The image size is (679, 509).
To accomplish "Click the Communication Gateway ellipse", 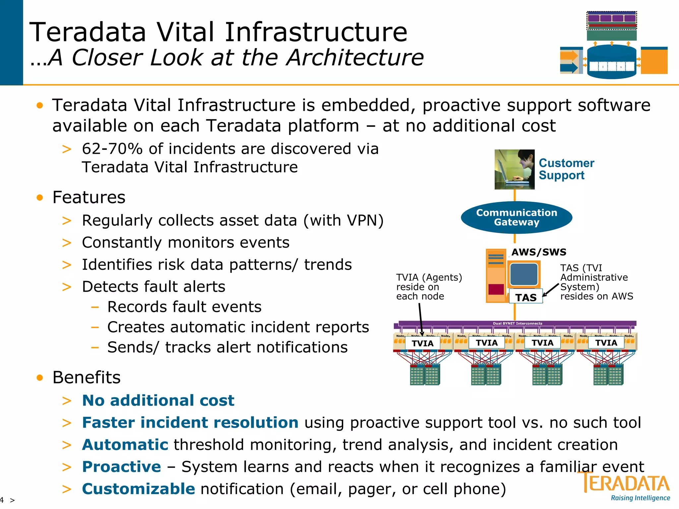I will pos(516,217).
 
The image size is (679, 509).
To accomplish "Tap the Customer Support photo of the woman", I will pos(514,169).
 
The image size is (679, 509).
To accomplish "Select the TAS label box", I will pos(526,297).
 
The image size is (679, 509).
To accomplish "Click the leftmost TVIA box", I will pos(422,343).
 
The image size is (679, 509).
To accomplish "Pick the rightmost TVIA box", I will pos(606,343).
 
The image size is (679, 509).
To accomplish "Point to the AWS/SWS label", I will pos(539,252).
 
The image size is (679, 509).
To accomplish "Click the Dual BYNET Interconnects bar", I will pos(517,323).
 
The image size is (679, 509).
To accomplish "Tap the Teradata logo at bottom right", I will pos(626,483).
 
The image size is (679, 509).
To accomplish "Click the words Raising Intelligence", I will pos(640,498).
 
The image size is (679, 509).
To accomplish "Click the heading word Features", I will pos(89,198).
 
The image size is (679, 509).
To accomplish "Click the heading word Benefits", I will pos(87,377).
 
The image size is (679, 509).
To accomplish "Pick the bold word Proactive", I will pos(121,467).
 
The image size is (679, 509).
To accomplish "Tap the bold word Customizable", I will pos(138,489).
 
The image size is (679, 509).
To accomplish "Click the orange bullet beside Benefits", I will pos(40,378).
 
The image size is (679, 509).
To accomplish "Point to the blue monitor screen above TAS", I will pos(524,274).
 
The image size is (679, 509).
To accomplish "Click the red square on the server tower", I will pos(496,289).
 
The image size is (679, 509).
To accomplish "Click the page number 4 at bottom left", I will pos(2,500).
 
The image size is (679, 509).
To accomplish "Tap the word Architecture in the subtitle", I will pos(355,58).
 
